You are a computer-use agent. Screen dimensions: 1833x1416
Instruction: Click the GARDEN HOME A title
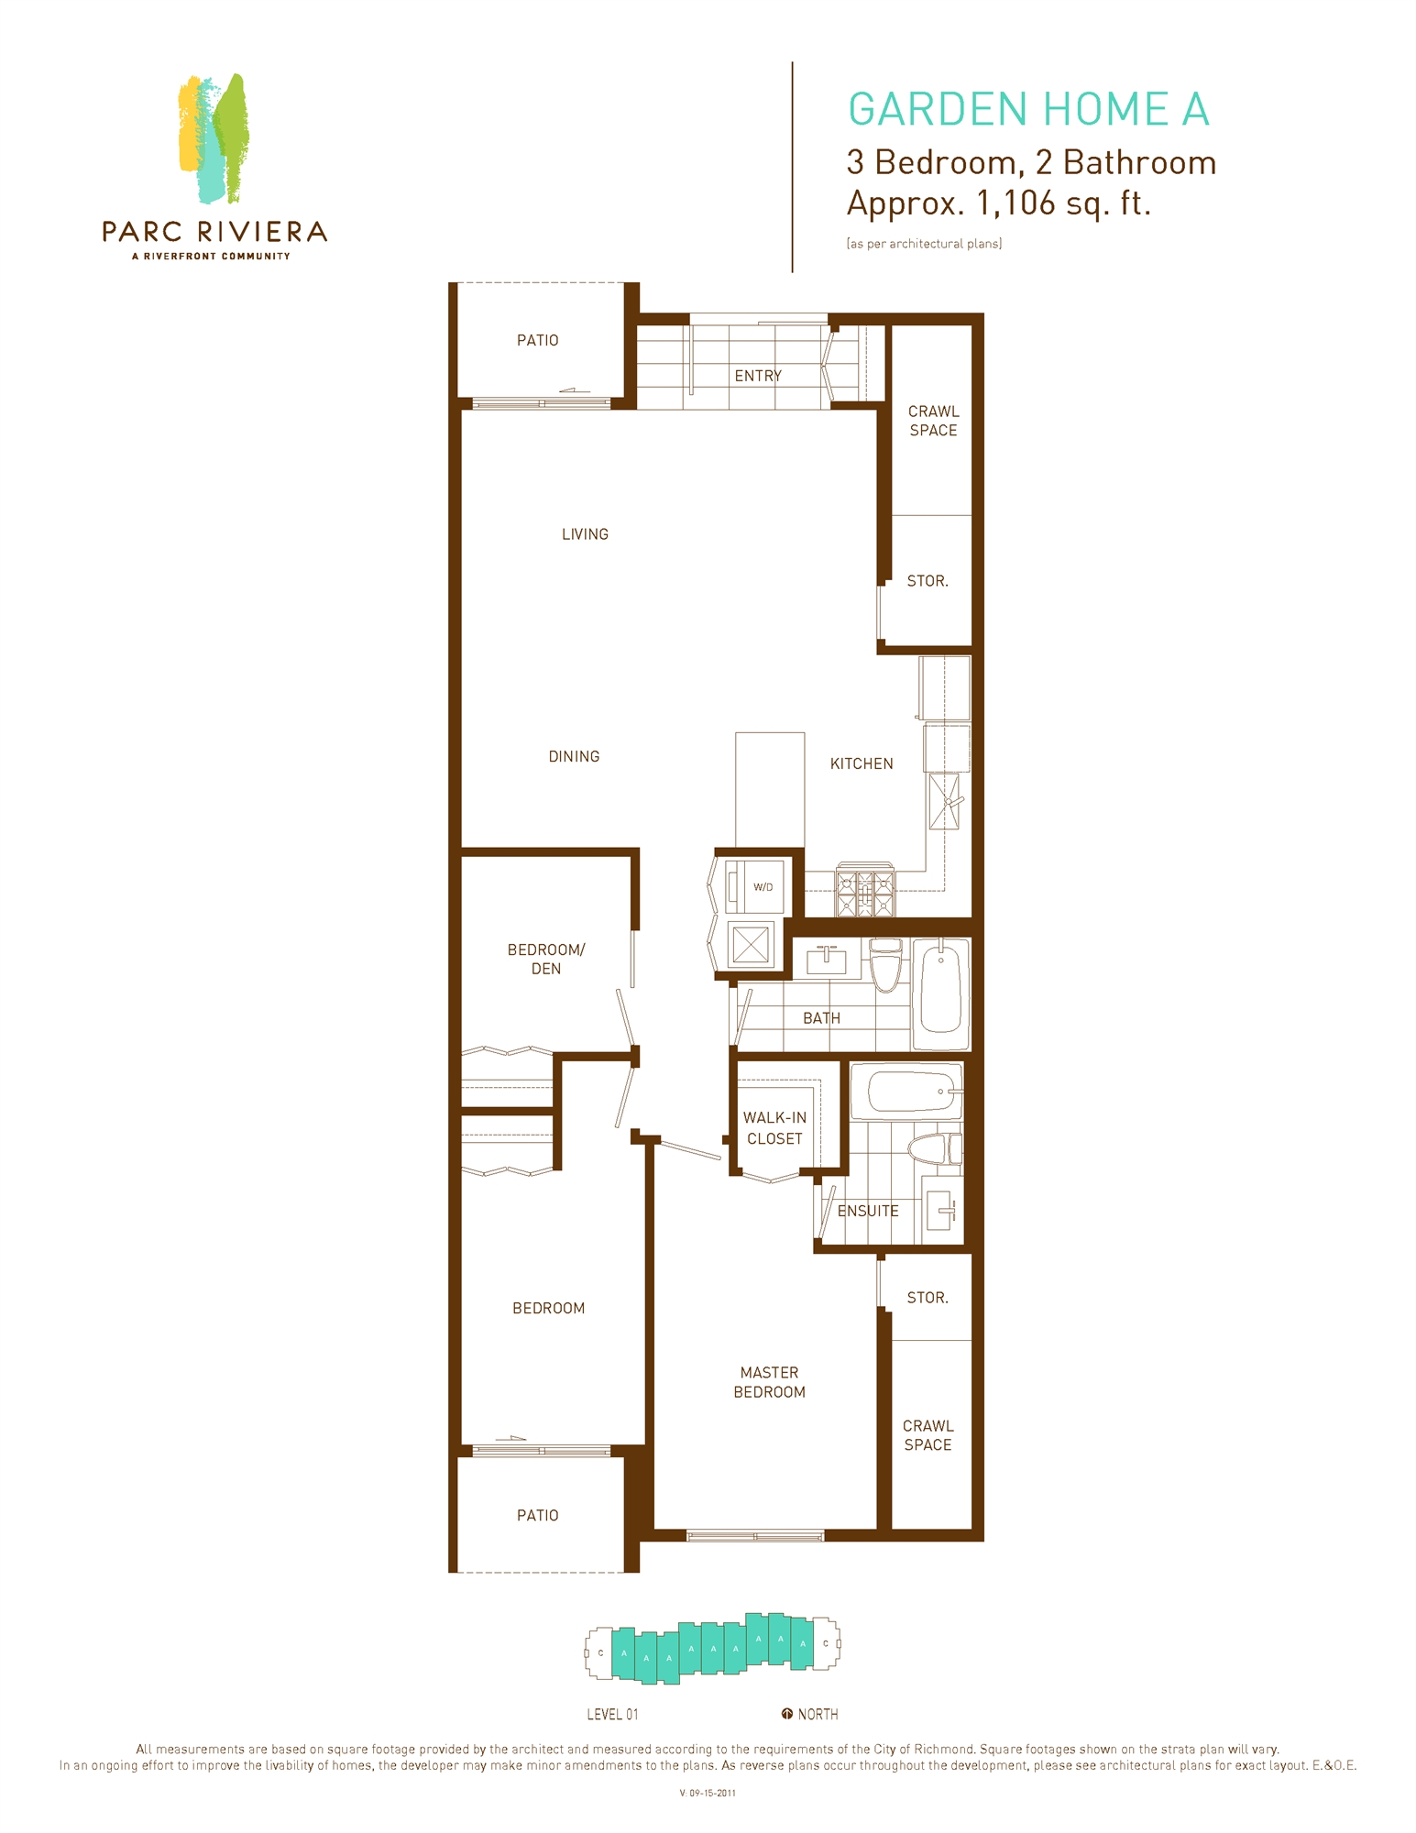[x=1027, y=110]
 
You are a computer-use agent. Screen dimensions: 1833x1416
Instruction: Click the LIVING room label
[x=585, y=534]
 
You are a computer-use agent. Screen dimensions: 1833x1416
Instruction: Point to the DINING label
[x=574, y=756]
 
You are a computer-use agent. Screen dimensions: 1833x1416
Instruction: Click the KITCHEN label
[x=861, y=763]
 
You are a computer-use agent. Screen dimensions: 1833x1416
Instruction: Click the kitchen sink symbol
[x=945, y=801]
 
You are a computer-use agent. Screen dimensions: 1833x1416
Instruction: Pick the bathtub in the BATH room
[x=941, y=993]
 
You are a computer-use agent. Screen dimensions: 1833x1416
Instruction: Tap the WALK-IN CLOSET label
[x=774, y=1128]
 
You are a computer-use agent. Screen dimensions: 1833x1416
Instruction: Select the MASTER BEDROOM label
[x=769, y=1382]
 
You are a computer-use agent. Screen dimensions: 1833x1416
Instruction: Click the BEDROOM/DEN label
[x=545, y=959]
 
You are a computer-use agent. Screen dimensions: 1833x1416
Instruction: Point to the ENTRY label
[x=757, y=376]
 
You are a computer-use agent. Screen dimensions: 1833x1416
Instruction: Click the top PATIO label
[x=537, y=340]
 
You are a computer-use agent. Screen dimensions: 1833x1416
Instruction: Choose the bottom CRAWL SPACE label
[x=928, y=1435]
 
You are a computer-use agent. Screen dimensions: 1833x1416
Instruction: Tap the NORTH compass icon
[x=786, y=1714]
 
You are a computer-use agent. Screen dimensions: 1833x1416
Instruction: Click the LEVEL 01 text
[x=612, y=1715]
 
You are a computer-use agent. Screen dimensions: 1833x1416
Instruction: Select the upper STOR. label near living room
[x=927, y=581]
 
